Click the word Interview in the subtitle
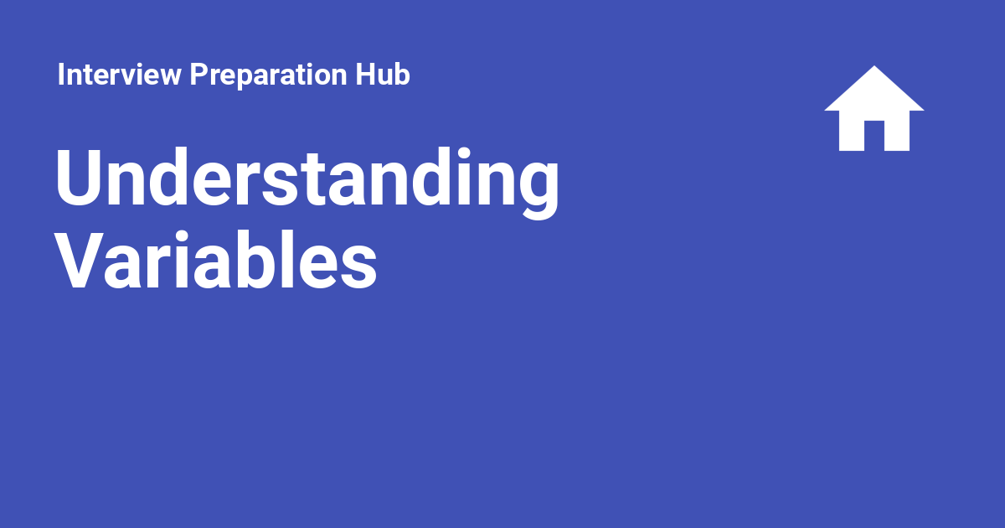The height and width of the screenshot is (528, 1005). (119, 74)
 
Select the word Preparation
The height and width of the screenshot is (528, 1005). (268, 75)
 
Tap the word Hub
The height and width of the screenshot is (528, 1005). (383, 74)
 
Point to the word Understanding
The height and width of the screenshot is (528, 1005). (307, 183)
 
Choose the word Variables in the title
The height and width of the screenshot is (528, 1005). (216, 260)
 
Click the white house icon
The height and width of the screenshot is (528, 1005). (874, 108)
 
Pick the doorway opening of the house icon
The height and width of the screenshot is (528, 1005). (874, 136)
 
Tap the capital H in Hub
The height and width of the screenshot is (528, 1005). (366, 74)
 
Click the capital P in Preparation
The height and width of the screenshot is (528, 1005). (199, 74)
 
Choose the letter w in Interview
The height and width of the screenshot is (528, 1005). (167, 77)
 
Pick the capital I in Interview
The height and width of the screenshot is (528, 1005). (60, 74)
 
